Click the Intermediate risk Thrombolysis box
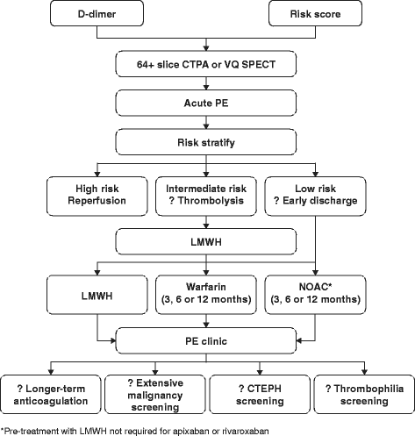point(207,193)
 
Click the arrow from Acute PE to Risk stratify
point(207,120)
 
